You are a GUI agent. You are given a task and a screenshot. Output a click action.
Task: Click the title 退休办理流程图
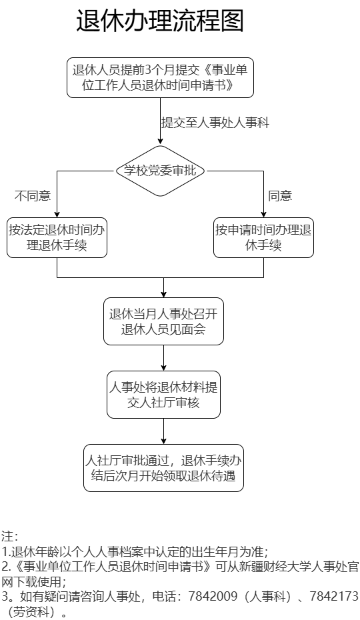tap(160, 21)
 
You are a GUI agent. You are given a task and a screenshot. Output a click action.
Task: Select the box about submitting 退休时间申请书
tap(160, 77)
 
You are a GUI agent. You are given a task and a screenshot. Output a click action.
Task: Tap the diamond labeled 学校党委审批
tap(160, 171)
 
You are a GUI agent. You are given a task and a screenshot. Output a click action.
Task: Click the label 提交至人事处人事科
tap(215, 123)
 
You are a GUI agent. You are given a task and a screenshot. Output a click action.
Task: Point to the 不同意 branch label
tap(33, 196)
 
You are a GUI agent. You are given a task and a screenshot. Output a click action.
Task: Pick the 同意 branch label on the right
tap(280, 196)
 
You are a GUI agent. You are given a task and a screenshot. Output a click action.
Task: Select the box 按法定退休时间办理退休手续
tap(57, 237)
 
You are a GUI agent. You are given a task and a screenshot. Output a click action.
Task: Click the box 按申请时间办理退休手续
tap(263, 237)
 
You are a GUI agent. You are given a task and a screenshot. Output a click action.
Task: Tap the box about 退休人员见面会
tap(164, 321)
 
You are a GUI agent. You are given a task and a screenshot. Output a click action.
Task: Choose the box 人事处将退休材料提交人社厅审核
tap(164, 395)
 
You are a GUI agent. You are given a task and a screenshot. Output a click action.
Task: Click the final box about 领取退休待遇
tap(164, 468)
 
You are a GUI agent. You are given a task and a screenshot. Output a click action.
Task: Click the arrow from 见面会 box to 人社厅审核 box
tap(164, 358)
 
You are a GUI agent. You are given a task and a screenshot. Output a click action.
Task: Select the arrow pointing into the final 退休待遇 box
tap(164, 431)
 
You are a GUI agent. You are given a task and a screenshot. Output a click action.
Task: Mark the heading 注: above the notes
tap(9, 537)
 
